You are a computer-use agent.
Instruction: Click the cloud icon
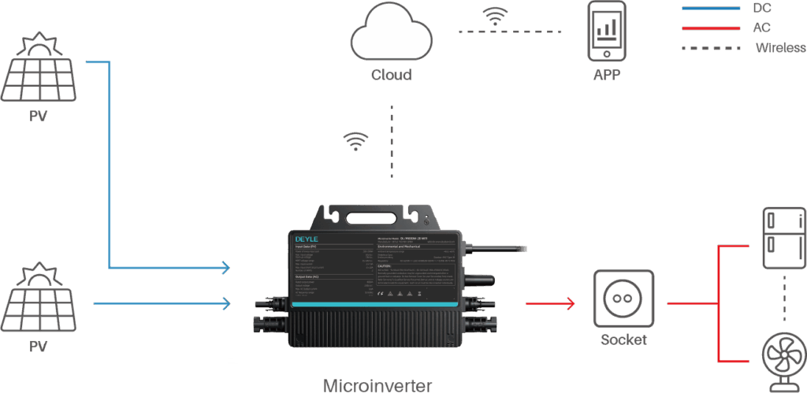391,36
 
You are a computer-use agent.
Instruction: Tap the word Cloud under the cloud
391,76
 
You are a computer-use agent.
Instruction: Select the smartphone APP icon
607,32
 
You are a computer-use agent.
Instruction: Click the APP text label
607,76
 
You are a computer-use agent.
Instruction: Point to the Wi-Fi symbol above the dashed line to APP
496,17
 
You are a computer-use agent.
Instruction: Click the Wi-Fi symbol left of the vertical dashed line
355,140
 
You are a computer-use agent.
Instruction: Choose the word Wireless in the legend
780,48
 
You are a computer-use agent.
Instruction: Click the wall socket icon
623,300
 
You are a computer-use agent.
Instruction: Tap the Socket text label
623,340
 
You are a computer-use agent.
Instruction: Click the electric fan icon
784,359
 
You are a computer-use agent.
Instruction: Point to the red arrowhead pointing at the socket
570,303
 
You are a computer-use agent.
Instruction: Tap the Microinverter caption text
377,386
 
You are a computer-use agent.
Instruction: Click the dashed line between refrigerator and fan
785,298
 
